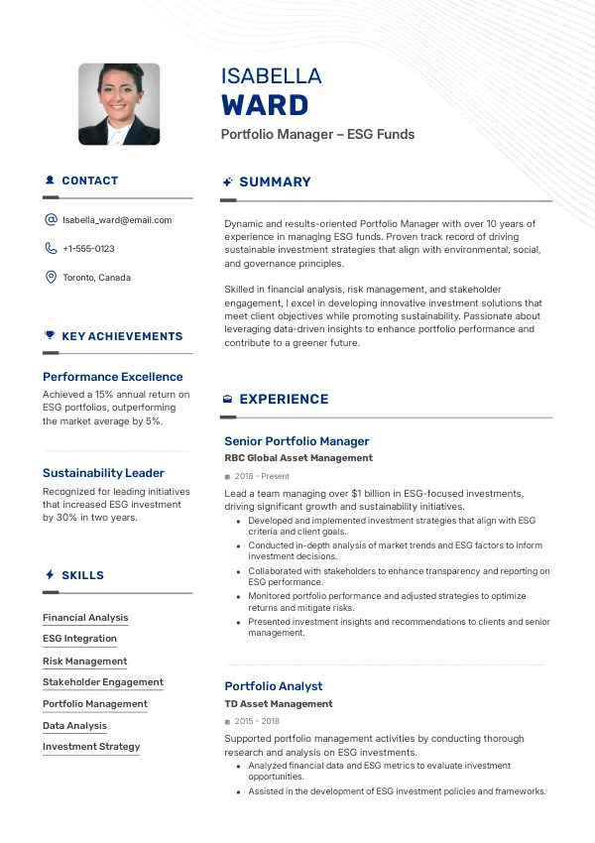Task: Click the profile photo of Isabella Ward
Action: (x=119, y=104)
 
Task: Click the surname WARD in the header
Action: (x=265, y=104)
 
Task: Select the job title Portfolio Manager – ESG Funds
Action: (x=317, y=134)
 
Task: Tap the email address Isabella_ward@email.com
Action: (x=117, y=220)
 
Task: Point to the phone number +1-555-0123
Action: (x=88, y=249)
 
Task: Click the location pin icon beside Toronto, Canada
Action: (x=51, y=278)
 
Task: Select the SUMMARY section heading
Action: (x=275, y=182)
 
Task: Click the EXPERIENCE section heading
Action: (x=284, y=400)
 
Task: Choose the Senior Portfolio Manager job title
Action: (x=297, y=441)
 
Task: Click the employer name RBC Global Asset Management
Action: (x=298, y=458)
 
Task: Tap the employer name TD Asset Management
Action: (x=279, y=704)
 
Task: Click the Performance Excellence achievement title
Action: (x=113, y=377)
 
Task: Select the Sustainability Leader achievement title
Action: (x=103, y=473)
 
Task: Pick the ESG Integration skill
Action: (x=79, y=639)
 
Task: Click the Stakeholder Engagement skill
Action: (x=103, y=682)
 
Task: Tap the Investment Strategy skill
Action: (x=91, y=747)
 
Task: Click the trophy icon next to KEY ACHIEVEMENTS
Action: (x=50, y=336)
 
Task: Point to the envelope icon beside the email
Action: (x=51, y=220)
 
